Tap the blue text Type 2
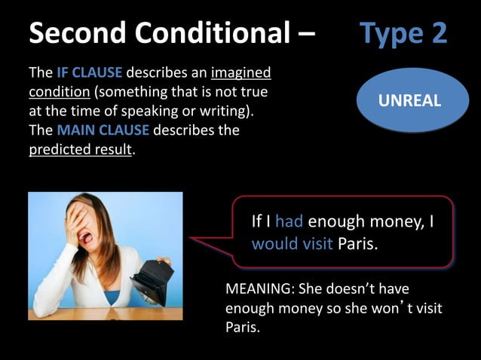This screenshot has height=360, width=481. (403, 32)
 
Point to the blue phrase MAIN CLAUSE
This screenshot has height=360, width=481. (103, 130)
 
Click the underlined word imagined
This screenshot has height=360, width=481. (240, 74)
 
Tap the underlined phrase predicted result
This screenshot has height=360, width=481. (80, 149)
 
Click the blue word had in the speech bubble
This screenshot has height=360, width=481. (289, 221)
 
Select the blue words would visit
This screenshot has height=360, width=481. (292, 244)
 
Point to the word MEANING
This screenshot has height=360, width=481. (259, 288)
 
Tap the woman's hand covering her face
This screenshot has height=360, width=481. (80, 226)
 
